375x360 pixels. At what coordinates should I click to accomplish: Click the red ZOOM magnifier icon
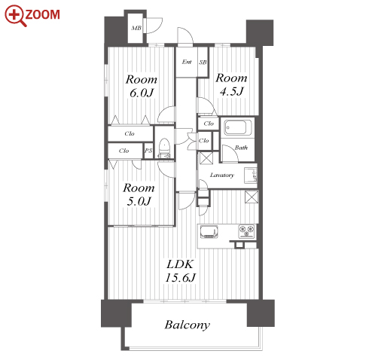(15, 15)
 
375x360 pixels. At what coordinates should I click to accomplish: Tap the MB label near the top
(136, 28)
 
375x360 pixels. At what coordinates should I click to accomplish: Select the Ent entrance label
(187, 62)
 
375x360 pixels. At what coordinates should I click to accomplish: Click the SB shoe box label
(203, 62)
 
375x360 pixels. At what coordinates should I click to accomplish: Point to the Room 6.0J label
(142, 86)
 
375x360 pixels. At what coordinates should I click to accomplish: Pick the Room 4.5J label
(231, 84)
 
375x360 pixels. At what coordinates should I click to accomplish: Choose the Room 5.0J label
(139, 194)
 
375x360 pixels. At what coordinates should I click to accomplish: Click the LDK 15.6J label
(180, 271)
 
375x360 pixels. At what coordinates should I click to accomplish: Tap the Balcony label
(187, 325)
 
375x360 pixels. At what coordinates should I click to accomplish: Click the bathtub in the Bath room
(237, 127)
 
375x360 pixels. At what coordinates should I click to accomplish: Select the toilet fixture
(164, 148)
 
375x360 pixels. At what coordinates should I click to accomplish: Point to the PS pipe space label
(148, 151)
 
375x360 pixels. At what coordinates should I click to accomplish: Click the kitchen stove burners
(246, 231)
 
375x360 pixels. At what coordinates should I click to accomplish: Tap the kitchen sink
(209, 231)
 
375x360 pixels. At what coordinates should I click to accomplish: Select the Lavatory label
(222, 175)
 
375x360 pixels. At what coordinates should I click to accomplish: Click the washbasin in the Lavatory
(251, 175)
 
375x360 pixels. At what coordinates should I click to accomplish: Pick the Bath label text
(241, 148)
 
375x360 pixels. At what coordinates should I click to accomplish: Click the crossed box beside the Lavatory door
(206, 158)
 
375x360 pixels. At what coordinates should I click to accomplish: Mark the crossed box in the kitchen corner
(252, 197)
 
